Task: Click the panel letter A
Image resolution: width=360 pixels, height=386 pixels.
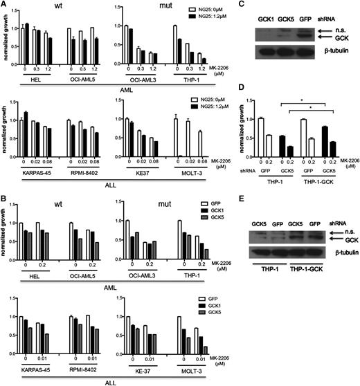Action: [x=5, y=6]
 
